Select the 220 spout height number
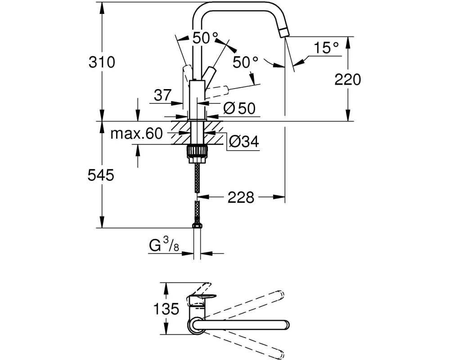(x=348, y=80)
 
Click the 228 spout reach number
(x=241, y=197)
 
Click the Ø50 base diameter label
(x=239, y=108)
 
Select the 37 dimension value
(x=162, y=95)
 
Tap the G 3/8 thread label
(x=164, y=245)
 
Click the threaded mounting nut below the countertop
(x=197, y=151)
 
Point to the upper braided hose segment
(x=197, y=177)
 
